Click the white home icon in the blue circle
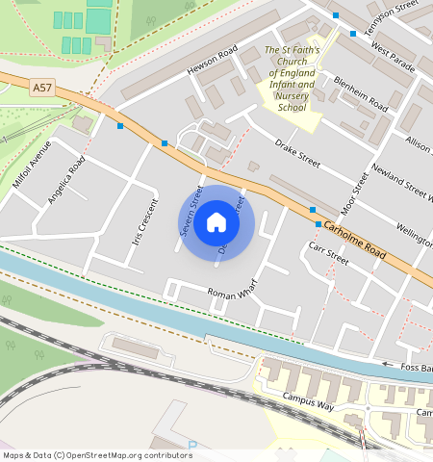pyautogui.click(x=216, y=223)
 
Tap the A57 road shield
pyautogui.click(x=41, y=88)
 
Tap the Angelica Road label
pyautogui.click(x=66, y=180)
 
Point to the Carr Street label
pyautogui.click(x=328, y=253)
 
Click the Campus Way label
pyautogui.click(x=308, y=400)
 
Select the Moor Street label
pyautogui.click(x=355, y=193)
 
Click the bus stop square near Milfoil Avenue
pyautogui.click(x=120, y=126)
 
